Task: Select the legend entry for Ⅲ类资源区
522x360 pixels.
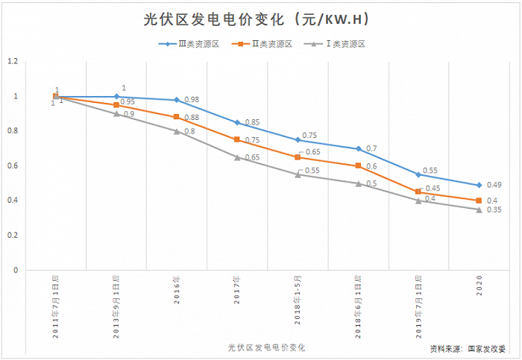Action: click(x=189, y=44)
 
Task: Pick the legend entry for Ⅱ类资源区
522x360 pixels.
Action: click(x=262, y=44)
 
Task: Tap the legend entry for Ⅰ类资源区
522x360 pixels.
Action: click(x=335, y=44)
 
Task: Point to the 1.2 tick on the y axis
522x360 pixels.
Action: click(x=13, y=61)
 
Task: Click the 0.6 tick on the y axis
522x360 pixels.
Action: click(x=13, y=165)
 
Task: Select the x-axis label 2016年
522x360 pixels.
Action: click(x=177, y=289)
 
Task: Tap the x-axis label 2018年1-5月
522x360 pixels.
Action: click(x=298, y=300)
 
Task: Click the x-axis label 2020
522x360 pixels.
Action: click(x=479, y=285)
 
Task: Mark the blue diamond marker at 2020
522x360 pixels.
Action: click(x=479, y=185)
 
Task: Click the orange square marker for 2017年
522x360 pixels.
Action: click(x=237, y=139)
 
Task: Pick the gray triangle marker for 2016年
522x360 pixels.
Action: click(x=177, y=131)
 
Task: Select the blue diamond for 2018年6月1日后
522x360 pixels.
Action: click(x=358, y=149)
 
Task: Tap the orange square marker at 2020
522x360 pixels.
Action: click(x=479, y=200)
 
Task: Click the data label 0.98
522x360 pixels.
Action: click(x=192, y=99)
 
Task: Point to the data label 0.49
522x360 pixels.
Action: click(x=494, y=185)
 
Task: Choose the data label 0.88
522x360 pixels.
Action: click(x=192, y=118)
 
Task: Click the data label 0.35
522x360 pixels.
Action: click(x=494, y=209)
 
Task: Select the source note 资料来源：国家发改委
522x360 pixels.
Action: click(x=468, y=349)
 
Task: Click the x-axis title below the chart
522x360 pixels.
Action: click(x=266, y=347)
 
